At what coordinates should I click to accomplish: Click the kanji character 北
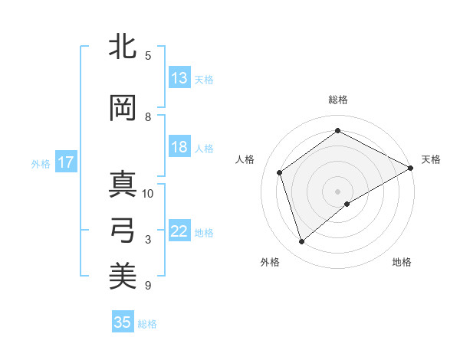pyautogui.click(x=123, y=47)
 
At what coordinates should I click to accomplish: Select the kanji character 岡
pyautogui.click(x=123, y=108)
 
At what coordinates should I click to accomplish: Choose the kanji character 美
pyautogui.click(x=123, y=275)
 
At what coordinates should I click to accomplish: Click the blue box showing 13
pyautogui.click(x=179, y=78)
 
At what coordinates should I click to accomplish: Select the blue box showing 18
pyautogui.click(x=179, y=148)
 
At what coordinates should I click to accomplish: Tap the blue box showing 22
pyautogui.click(x=179, y=232)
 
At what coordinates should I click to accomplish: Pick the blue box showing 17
pyautogui.click(x=66, y=162)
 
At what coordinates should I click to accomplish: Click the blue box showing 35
pyautogui.click(x=123, y=322)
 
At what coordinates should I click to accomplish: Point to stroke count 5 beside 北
pyautogui.click(x=148, y=56)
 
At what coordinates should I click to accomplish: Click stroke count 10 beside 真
pyautogui.click(x=148, y=193)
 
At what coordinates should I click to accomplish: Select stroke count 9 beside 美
pyautogui.click(x=148, y=286)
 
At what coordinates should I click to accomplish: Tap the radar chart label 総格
pyautogui.click(x=338, y=100)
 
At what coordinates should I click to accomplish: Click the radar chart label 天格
pyautogui.click(x=431, y=159)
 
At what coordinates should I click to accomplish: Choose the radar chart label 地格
pyautogui.click(x=402, y=262)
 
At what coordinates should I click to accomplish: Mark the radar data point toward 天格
pyautogui.click(x=411, y=168)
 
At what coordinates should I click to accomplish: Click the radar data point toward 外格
pyautogui.click(x=302, y=242)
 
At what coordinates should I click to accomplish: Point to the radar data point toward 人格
pyautogui.click(x=280, y=172)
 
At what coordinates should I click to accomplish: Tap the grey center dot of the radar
pyautogui.click(x=338, y=191)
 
